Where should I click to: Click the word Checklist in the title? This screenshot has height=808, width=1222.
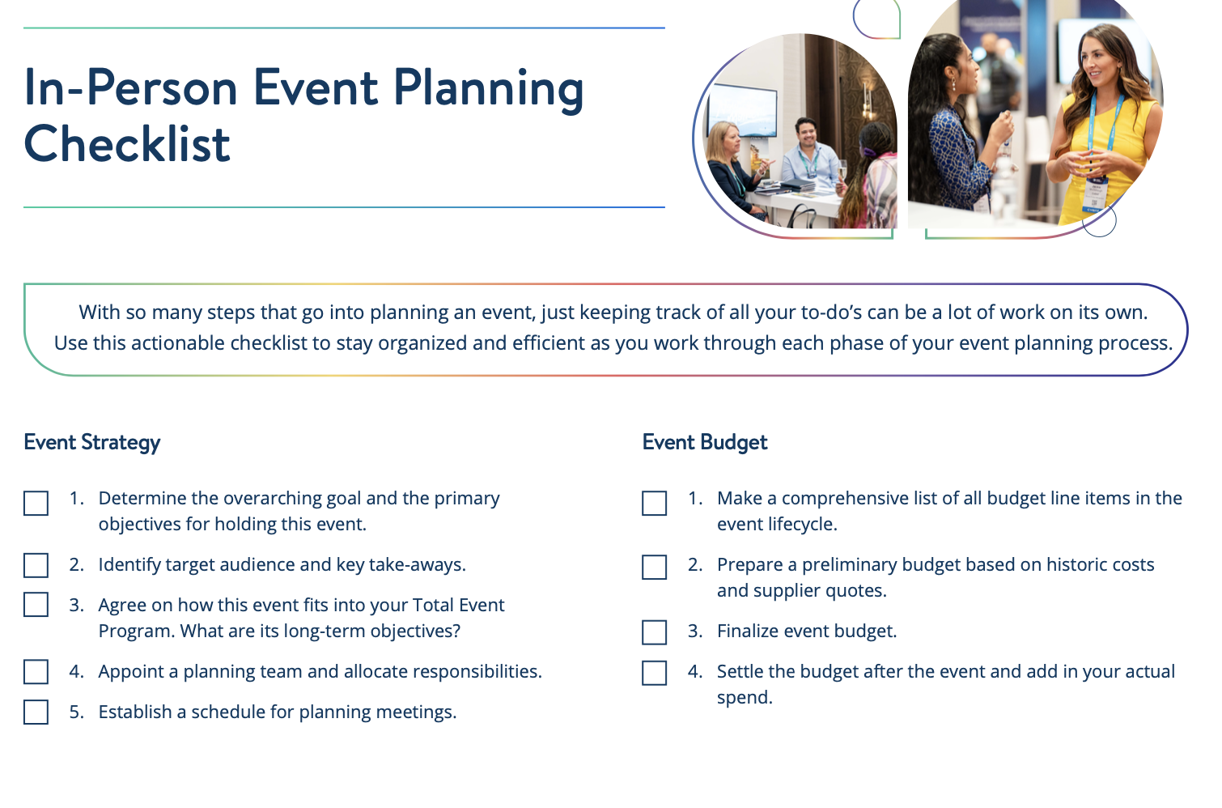pyautogui.click(x=127, y=144)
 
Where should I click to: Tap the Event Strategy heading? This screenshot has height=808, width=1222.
pyautogui.click(x=92, y=442)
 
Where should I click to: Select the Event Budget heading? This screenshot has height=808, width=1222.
pyautogui.click(x=704, y=442)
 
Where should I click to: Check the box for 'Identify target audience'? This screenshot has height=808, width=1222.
pyautogui.click(x=36, y=565)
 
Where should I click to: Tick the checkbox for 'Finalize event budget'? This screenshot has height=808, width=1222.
pyautogui.click(x=654, y=632)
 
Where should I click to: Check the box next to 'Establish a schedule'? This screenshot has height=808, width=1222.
pyautogui.click(x=36, y=712)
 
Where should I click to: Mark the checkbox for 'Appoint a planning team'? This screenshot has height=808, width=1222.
pyautogui.click(x=36, y=672)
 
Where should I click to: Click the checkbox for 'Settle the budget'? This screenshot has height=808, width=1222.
pyautogui.click(x=654, y=673)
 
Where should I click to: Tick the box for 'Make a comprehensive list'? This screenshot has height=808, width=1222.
pyautogui.click(x=654, y=503)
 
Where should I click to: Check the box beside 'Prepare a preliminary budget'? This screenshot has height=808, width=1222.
pyautogui.click(x=654, y=567)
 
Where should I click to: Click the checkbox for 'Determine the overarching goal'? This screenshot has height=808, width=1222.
pyautogui.click(x=36, y=503)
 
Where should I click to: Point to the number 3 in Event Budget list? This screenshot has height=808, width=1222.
pyautogui.click(x=694, y=632)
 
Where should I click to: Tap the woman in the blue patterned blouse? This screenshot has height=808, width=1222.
pyautogui.click(x=955, y=130)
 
